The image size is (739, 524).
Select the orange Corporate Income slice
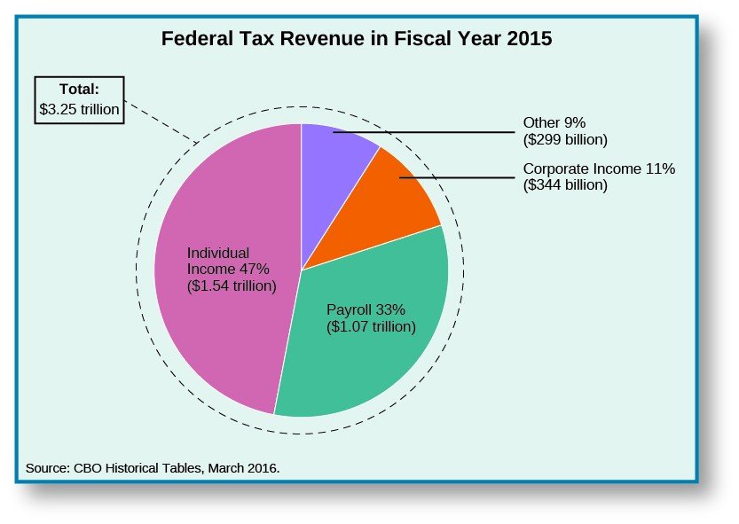click(390, 213)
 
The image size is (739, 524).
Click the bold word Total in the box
click(78, 89)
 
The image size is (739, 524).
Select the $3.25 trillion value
click(79, 108)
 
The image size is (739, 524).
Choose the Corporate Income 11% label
click(599, 168)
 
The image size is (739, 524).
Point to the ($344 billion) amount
click(565, 184)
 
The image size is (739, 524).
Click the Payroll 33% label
click(366, 309)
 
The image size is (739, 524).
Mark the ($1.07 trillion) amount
click(371, 326)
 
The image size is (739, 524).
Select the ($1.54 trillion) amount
click(232, 285)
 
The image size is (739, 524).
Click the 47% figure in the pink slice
click(254, 269)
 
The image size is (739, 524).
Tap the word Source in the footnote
click(48, 467)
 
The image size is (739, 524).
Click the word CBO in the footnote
click(91, 467)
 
